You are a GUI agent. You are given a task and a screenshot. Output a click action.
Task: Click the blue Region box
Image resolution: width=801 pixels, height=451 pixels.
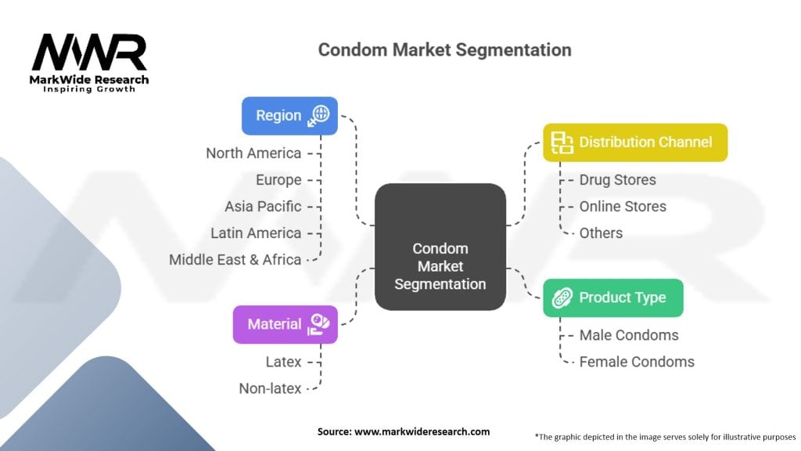[x=289, y=116]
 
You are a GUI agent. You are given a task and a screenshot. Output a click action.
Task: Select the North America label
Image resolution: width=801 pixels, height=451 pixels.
[x=253, y=153]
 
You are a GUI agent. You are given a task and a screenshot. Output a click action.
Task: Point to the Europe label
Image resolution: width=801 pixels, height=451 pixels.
[x=278, y=180]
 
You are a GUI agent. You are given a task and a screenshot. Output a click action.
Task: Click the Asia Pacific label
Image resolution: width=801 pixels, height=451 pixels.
[x=263, y=207]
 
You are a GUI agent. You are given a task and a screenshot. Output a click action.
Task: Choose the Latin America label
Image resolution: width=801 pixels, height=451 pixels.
[x=256, y=233]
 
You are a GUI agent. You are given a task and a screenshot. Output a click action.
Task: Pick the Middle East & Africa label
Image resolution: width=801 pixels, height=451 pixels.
[x=235, y=260]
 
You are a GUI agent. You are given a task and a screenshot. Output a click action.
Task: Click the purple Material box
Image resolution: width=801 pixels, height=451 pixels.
[x=285, y=324]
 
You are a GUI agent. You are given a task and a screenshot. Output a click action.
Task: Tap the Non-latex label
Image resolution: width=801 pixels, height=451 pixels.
[x=270, y=388]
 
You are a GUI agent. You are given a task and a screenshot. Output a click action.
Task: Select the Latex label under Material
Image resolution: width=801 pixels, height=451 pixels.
[x=282, y=362]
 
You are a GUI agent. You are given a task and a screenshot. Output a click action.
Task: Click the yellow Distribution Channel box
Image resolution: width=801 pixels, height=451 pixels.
[x=635, y=143]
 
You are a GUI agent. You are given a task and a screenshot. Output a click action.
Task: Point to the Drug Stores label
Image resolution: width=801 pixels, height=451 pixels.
[x=617, y=180]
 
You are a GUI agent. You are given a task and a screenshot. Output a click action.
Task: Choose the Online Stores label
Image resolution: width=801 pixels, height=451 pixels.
[x=623, y=207]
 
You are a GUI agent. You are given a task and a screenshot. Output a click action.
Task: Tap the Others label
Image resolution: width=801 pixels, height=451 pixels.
[x=601, y=233]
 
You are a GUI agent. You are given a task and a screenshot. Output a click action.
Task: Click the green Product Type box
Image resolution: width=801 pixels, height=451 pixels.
[x=612, y=298]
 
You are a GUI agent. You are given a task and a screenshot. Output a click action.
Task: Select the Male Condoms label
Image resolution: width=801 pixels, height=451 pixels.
[x=629, y=335]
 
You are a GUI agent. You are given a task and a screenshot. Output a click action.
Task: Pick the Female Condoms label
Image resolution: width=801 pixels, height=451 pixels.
[x=637, y=362]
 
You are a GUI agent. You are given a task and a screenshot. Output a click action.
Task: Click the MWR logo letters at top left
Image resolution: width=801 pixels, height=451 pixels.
[x=89, y=52]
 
